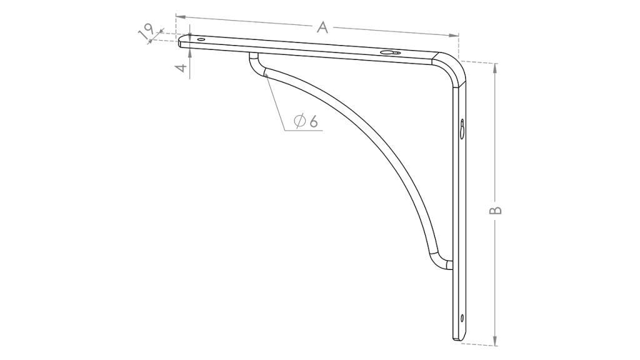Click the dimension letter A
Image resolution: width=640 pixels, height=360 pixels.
click(x=322, y=27)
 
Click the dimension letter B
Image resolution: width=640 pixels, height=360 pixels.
click(x=495, y=209)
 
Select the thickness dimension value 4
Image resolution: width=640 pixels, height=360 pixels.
click(x=184, y=67)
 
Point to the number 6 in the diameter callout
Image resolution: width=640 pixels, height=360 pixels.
click(x=314, y=121)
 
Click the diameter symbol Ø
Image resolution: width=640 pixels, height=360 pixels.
click(x=299, y=121)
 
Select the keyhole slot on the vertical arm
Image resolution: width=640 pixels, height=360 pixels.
click(x=462, y=129)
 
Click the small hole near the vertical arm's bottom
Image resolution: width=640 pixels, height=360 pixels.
click(x=462, y=318)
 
